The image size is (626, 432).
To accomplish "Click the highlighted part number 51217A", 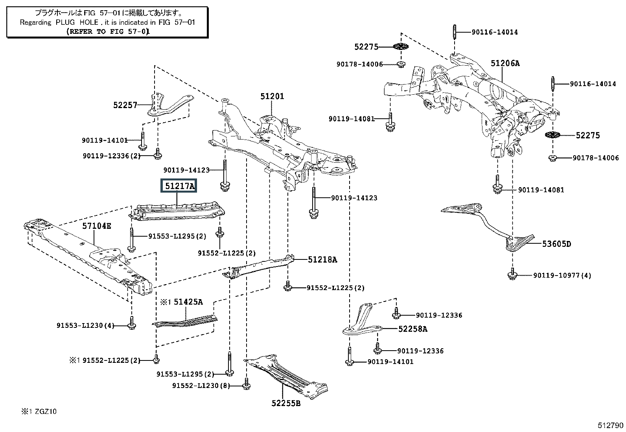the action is pyautogui.click(x=179, y=186).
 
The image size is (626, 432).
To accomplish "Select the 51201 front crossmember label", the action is pyautogui.click(x=272, y=96).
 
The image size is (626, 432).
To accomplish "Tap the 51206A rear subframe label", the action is pyautogui.click(x=505, y=63).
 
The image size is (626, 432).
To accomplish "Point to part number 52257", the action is pyautogui.click(x=125, y=105).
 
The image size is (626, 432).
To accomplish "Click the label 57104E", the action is pyautogui.click(x=96, y=226).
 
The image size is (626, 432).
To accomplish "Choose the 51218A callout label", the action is pyautogui.click(x=322, y=260).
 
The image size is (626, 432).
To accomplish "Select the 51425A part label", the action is pyautogui.click(x=188, y=302).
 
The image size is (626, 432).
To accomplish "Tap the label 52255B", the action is pyautogui.click(x=286, y=403).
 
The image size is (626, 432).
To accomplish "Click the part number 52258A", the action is pyautogui.click(x=412, y=329).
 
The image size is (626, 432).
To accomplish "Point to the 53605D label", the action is pyautogui.click(x=556, y=244).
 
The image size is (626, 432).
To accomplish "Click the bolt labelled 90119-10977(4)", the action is pyautogui.click(x=512, y=274).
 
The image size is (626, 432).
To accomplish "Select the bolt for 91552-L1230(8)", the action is pyautogui.click(x=246, y=384).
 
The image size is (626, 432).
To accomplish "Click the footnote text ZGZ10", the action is pyautogui.click(x=46, y=411).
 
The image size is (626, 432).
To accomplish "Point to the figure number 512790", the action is pyautogui.click(x=610, y=425).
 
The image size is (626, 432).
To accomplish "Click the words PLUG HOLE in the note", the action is pyautogui.click(x=77, y=22).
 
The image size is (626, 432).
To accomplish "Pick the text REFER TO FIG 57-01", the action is pyautogui.click(x=109, y=31).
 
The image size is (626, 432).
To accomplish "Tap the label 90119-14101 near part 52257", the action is pyautogui.click(x=105, y=140).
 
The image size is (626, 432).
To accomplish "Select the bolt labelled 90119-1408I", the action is pyautogui.click(x=390, y=122).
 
